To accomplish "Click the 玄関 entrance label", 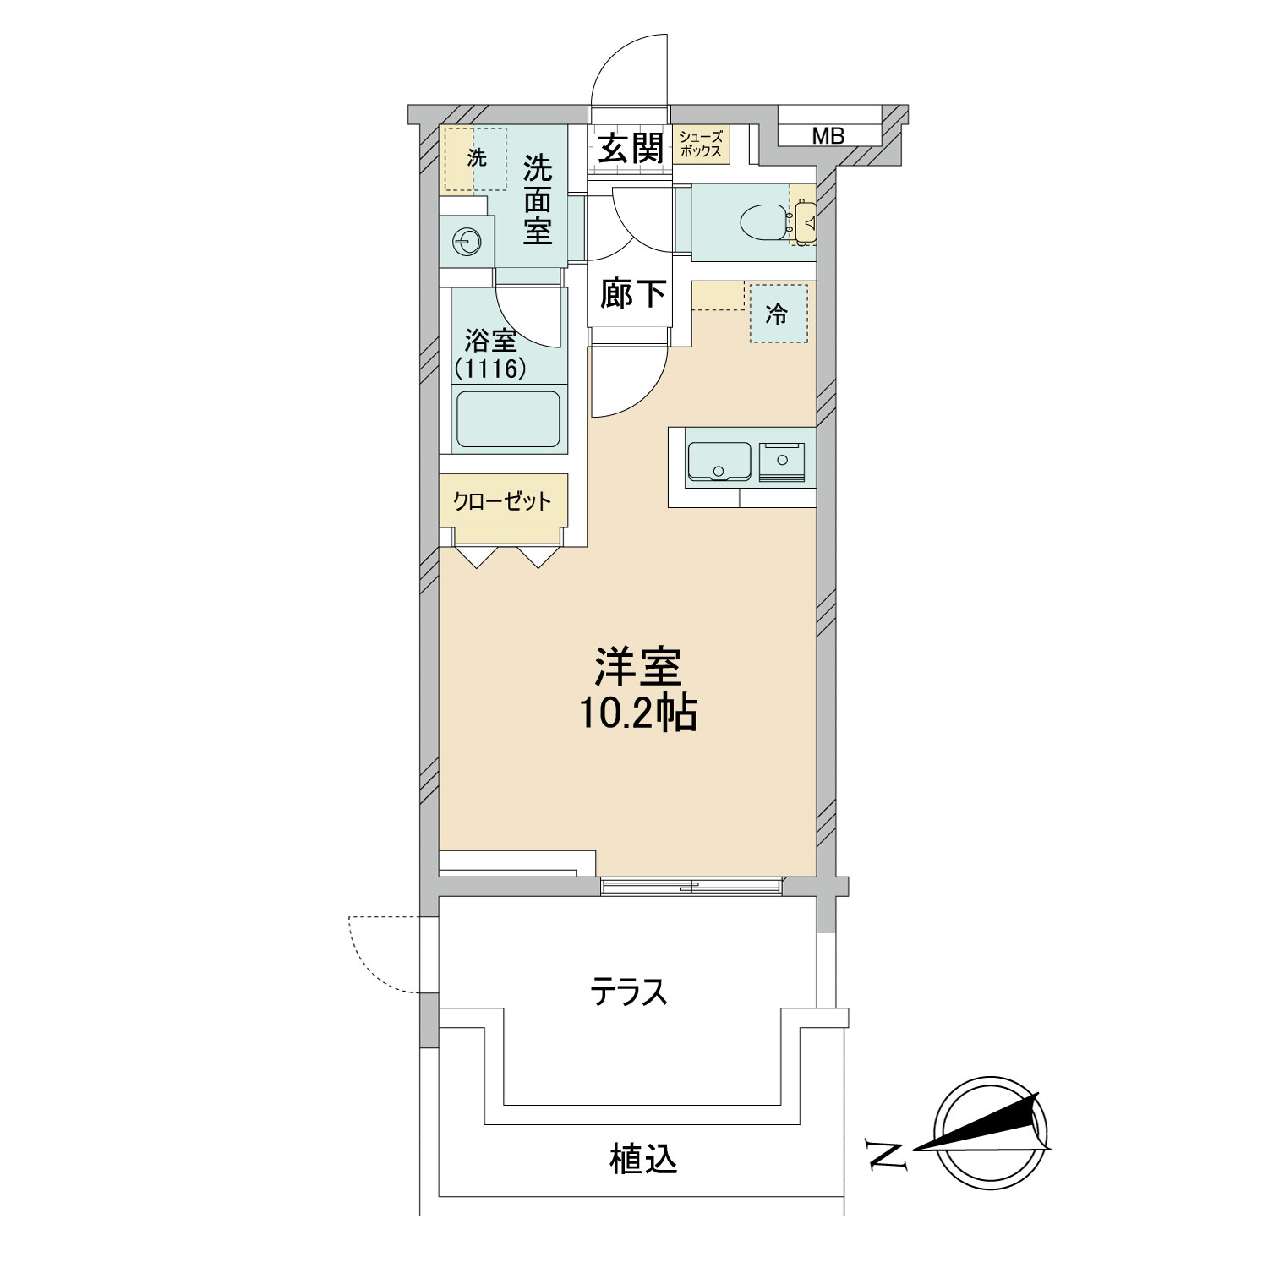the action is click(x=630, y=150).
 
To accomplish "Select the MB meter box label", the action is click(x=828, y=135).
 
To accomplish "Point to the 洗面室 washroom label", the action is click(x=537, y=200).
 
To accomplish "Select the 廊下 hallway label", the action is click(x=633, y=293).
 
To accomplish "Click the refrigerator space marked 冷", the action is click(x=778, y=313).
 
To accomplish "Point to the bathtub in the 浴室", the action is click(x=509, y=419).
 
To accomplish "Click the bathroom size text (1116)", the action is click(x=490, y=369).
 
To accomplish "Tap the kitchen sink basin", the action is click(x=719, y=462).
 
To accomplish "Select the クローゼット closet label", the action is click(x=502, y=501).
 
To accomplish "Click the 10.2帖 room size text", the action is click(x=637, y=715).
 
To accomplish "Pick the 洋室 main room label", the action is click(x=638, y=668).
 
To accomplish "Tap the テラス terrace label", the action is click(x=629, y=992).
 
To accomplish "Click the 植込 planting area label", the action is click(x=643, y=1159).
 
